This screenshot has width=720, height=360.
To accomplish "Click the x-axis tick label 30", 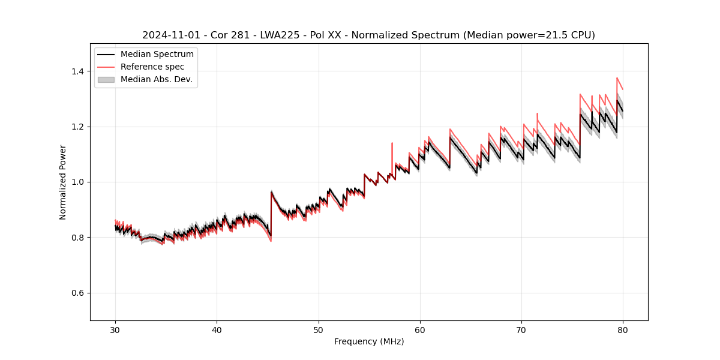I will (x=115, y=329).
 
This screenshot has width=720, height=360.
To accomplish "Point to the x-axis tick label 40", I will (x=217, y=329).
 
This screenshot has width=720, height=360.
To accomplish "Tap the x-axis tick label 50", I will (x=319, y=329).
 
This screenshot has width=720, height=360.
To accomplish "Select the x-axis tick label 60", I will (x=420, y=329).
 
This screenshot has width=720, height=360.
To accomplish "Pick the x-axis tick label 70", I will (x=521, y=329).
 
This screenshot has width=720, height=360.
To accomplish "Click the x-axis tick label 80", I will (x=623, y=329).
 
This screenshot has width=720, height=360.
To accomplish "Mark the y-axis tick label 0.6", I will (x=77, y=293).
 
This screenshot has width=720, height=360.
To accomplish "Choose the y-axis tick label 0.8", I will (x=77, y=238).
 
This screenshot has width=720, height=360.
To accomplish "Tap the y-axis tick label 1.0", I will (x=77, y=182).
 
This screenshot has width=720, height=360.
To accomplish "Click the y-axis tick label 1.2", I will (x=77, y=127).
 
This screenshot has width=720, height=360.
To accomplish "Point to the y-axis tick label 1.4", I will (x=77, y=71).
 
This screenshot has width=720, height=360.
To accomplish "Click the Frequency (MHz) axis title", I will (x=369, y=341).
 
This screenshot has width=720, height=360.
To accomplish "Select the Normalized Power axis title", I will (x=63, y=182).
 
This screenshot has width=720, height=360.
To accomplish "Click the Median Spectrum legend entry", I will (x=157, y=54).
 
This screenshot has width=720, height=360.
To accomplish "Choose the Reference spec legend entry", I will (x=152, y=67).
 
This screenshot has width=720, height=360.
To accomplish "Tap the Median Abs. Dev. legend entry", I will (x=156, y=79).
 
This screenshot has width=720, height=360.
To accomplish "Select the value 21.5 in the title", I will (x=551, y=35).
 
